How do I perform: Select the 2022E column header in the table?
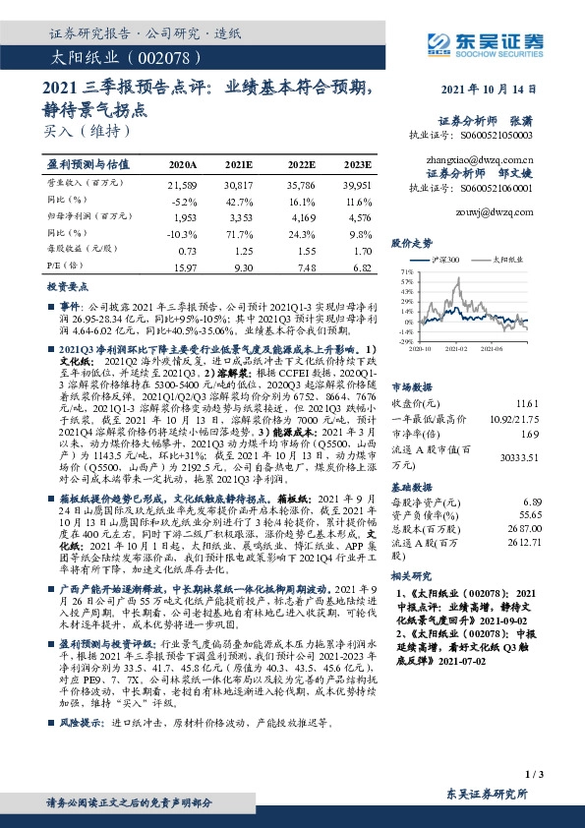point(302,164)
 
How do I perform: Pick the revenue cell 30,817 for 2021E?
point(239,184)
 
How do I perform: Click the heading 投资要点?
point(69,285)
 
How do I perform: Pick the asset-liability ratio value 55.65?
point(530,514)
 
